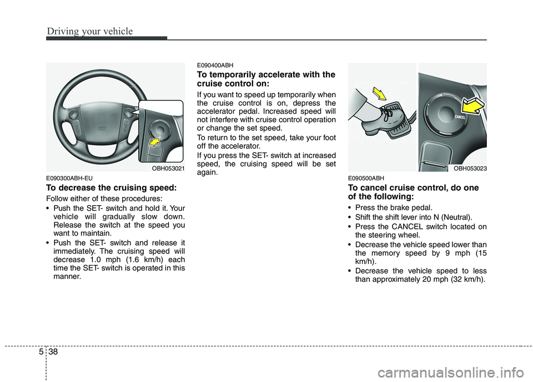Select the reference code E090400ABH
(x=213, y=65)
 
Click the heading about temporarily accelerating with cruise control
(x=266, y=79)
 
